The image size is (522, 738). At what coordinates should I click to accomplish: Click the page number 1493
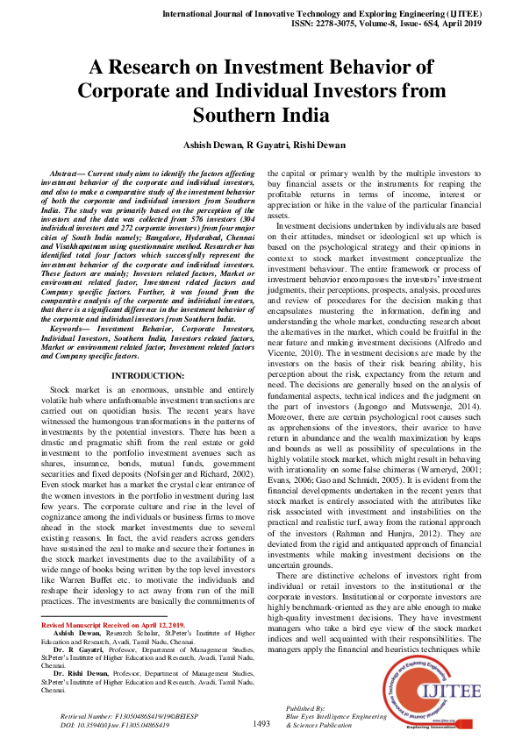click(261, 723)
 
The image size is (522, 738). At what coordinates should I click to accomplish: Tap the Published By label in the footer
click(306, 706)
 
